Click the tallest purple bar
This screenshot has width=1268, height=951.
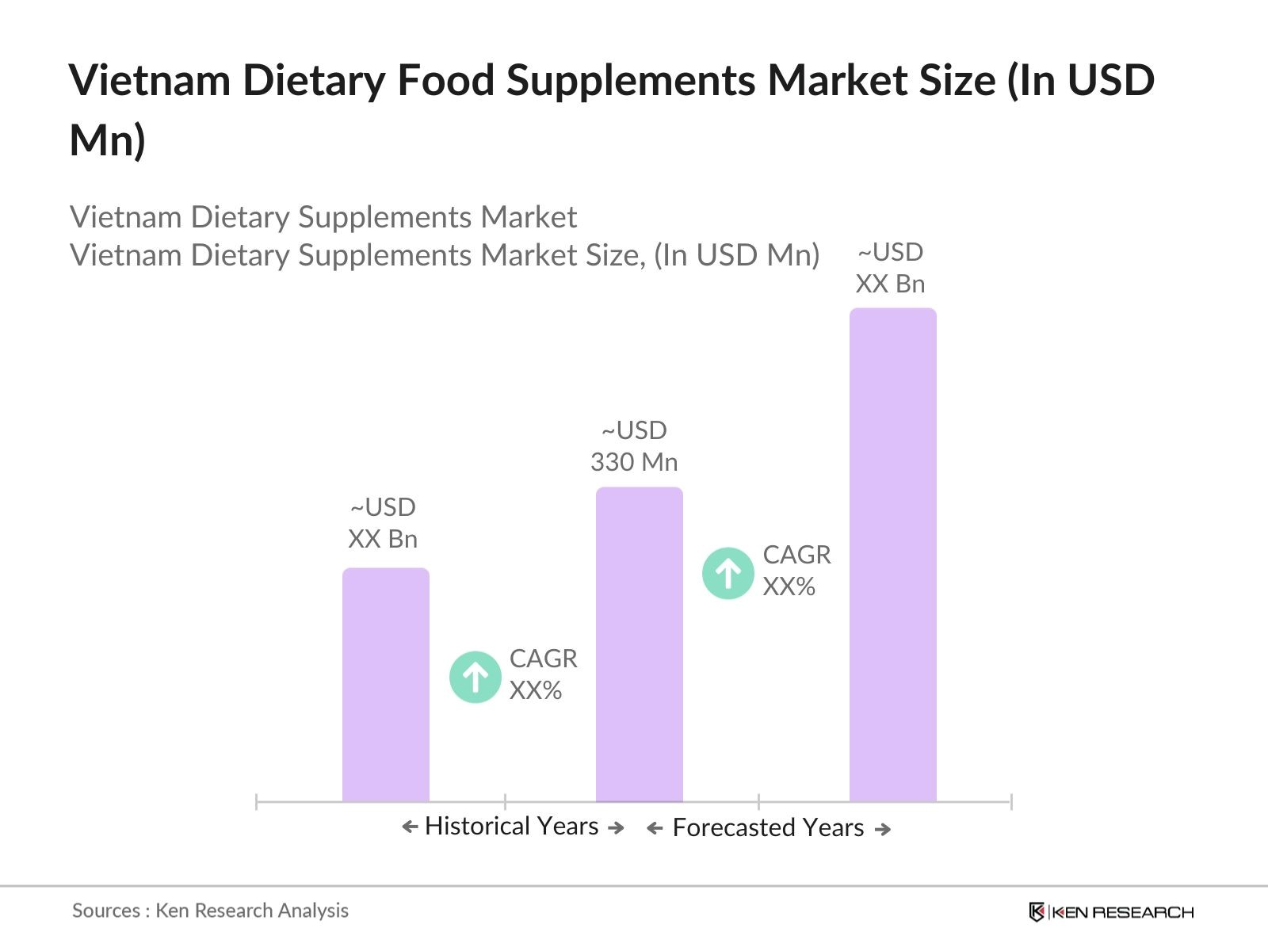(892, 555)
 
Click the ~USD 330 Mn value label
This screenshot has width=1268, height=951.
(634, 446)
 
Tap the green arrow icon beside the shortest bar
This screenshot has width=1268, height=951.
(475, 677)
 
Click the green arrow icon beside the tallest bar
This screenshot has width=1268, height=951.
(728, 573)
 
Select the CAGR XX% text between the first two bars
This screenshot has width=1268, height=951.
(543, 674)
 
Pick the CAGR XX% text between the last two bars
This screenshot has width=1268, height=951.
(796, 571)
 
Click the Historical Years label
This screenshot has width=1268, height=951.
(511, 826)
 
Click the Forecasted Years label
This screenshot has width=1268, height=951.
(768, 827)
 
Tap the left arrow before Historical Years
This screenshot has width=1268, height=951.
(410, 827)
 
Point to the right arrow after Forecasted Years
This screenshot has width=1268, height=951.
(882, 829)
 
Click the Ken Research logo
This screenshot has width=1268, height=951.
(1110, 912)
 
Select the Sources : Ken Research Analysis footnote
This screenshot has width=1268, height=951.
(210, 911)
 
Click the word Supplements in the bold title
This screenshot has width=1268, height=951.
(630, 80)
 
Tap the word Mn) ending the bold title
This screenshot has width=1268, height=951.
(107, 140)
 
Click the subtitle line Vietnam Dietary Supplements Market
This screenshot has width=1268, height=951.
(323, 217)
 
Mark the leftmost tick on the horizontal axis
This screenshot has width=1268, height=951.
(256, 801)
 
